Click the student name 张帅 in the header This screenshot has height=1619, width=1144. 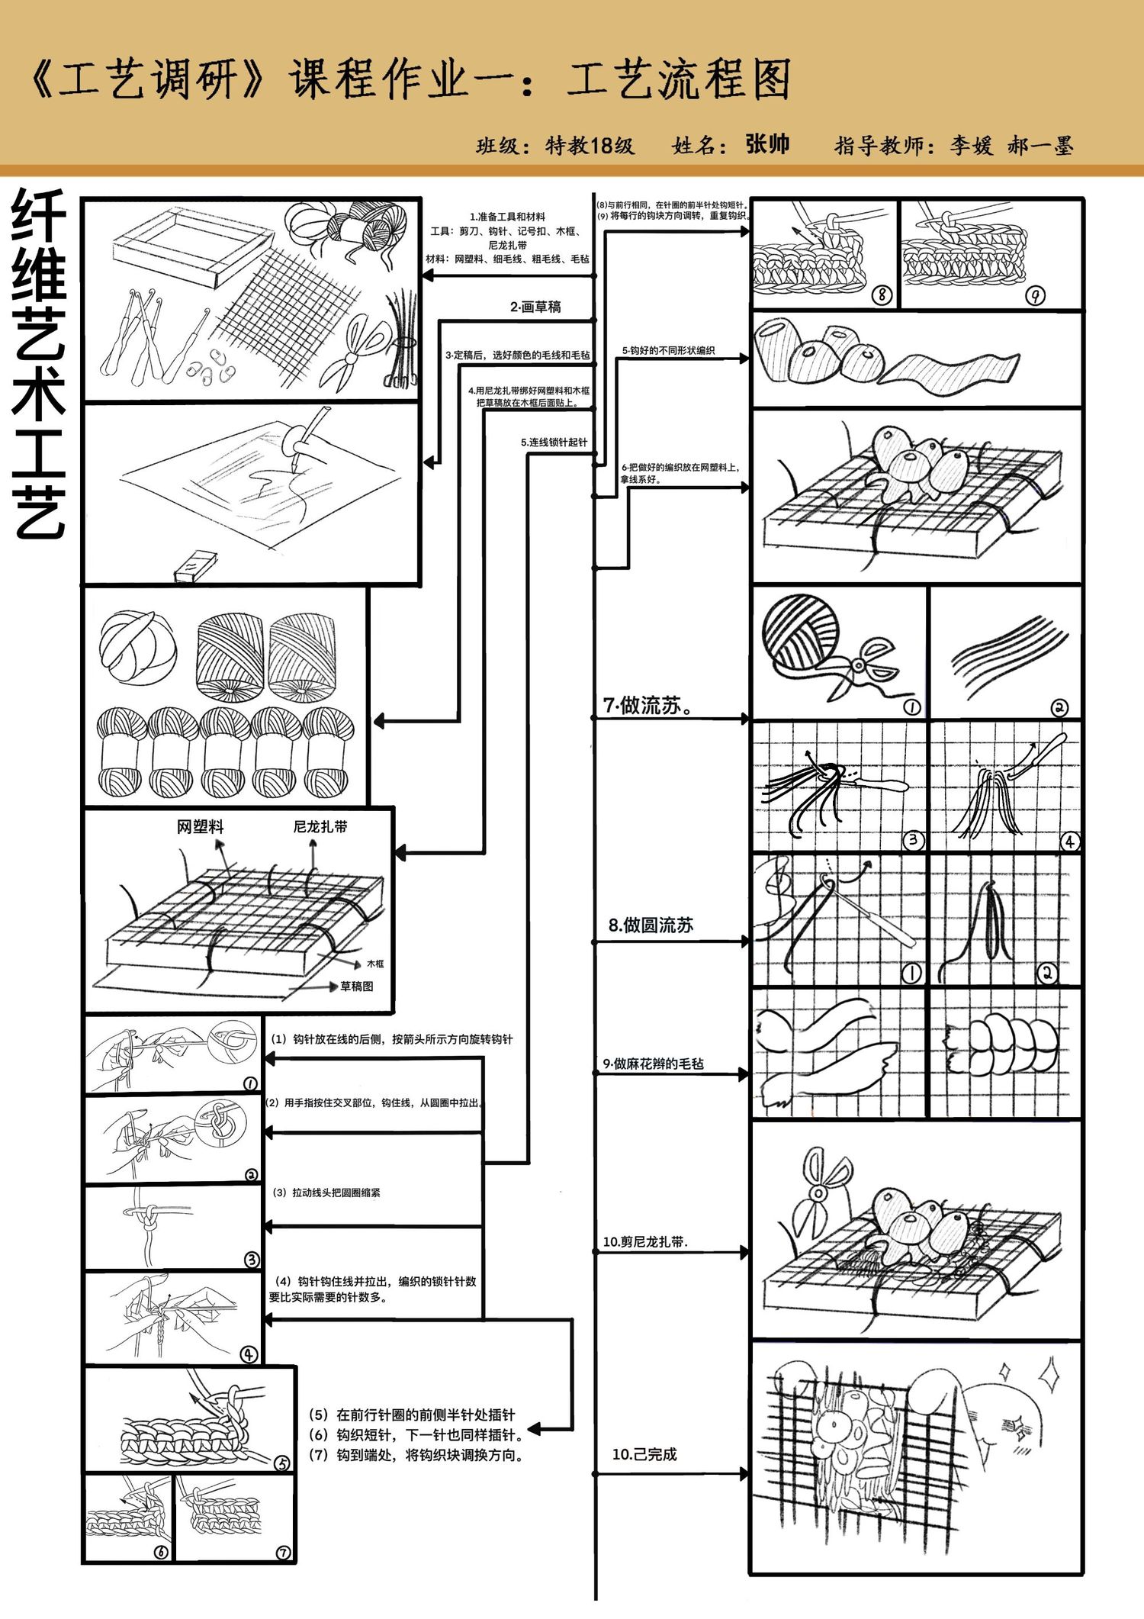pyautogui.click(x=767, y=144)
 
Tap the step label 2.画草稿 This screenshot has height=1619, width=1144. pyautogui.click(x=535, y=307)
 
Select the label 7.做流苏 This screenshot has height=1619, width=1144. pyautogui.click(x=648, y=706)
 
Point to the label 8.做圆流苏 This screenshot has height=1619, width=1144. pyautogui.click(x=651, y=925)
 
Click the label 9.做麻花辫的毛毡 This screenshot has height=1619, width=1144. pyautogui.click(x=653, y=1064)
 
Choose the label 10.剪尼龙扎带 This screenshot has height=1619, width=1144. pyautogui.click(x=645, y=1242)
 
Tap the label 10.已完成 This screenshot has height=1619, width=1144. pyautogui.click(x=644, y=1454)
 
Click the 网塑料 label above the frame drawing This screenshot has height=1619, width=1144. pyautogui.click(x=201, y=826)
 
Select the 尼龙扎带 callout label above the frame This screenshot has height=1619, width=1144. pyautogui.click(x=320, y=826)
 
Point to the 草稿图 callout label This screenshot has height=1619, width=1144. pyautogui.click(x=356, y=987)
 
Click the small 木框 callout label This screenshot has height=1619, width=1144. pyautogui.click(x=375, y=964)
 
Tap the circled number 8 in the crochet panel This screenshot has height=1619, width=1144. pyautogui.click(x=882, y=295)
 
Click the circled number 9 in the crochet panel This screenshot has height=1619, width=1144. pyautogui.click(x=1035, y=295)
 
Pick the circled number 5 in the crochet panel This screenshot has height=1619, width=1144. pyautogui.click(x=282, y=1463)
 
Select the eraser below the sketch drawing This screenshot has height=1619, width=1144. pyautogui.click(x=195, y=565)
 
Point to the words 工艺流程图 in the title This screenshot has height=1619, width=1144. pyautogui.click(x=680, y=79)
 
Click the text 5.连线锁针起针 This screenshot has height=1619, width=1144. pyautogui.click(x=554, y=443)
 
